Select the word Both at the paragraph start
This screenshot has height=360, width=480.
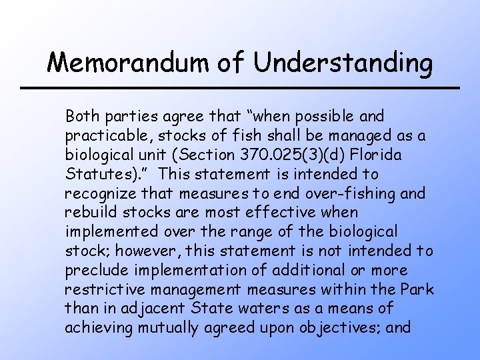click(81, 116)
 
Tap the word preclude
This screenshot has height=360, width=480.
click(93, 271)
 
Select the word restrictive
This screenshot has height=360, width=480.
click(101, 290)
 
